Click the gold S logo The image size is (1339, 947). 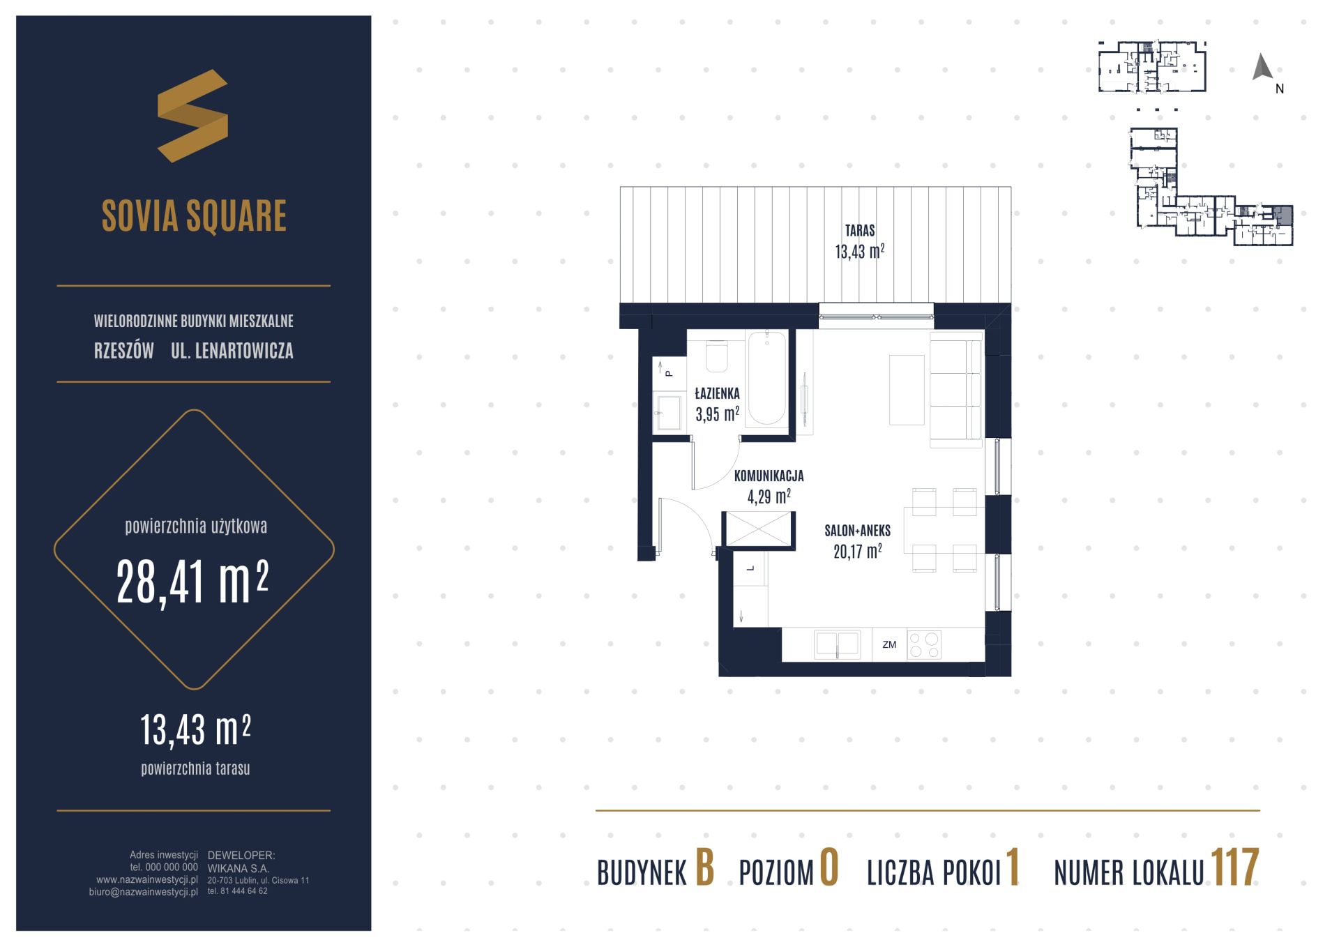click(192, 116)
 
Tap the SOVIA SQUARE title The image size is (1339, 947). click(194, 215)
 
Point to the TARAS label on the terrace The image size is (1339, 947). click(860, 230)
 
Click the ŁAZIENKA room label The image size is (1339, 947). click(717, 393)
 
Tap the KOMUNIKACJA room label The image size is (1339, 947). click(769, 476)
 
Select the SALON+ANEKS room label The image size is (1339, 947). click(857, 531)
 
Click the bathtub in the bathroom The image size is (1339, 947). click(766, 378)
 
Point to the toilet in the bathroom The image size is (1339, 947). click(717, 356)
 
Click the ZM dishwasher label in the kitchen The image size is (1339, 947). click(889, 645)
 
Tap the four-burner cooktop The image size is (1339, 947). click(924, 645)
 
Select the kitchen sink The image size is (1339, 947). click(838, 645)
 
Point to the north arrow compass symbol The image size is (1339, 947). click(1262, 68)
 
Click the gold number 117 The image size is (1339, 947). click(1234, 868)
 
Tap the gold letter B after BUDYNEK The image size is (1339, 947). click(705, 868)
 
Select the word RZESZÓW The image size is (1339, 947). click(124, 351)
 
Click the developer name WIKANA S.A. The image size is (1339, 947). click(239, 869)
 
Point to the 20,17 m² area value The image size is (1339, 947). click(857, 552)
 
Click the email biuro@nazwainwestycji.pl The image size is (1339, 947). click(144, 891)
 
